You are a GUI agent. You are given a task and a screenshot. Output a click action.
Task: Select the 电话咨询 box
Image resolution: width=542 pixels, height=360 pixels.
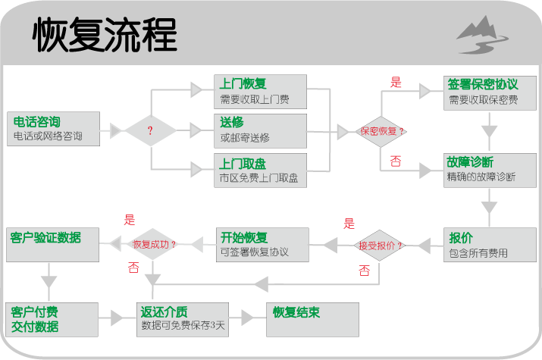[x=54, y=130]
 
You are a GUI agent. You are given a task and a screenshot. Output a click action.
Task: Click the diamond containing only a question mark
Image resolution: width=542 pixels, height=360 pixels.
[x=150, y=130]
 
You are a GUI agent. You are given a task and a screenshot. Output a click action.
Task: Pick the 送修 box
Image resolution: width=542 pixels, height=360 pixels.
[x=260, y=130]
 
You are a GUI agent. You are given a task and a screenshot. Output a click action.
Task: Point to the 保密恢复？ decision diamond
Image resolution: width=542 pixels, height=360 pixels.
[x=381, y=131]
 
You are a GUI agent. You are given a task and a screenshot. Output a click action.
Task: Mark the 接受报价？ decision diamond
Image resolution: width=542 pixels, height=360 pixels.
[x=380, y=246]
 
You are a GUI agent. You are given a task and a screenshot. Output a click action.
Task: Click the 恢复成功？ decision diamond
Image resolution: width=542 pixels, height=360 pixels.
[x=154, y=244]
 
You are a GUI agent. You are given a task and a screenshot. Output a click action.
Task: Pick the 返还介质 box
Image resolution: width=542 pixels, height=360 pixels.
[x=183, y=320]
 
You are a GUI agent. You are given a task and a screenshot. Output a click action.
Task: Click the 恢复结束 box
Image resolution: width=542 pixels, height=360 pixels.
[x=310, y=320]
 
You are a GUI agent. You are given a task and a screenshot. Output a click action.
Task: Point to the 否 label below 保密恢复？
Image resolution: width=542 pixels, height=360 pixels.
[x=395, y=161]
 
